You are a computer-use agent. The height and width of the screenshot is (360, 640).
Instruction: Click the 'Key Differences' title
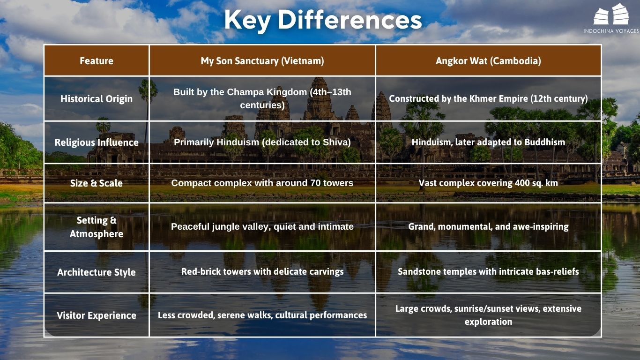[323, 20]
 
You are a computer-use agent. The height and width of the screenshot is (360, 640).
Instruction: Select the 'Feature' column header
[97, 61]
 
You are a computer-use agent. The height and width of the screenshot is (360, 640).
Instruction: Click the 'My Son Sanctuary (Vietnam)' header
[262, 61]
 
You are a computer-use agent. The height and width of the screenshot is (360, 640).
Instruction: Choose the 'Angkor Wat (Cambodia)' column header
[488, 61]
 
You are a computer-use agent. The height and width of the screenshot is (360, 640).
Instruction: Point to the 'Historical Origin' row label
[97, 99]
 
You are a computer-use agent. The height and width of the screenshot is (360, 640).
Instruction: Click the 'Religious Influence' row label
[97, 142]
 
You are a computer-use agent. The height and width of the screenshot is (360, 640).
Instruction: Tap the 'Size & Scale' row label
[97, 183]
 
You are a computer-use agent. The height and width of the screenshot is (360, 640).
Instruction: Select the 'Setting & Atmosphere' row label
[97, 227]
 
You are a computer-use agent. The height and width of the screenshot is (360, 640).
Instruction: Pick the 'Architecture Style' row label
[97, 272]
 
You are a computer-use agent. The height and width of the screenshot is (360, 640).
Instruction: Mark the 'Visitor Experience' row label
[97, 315]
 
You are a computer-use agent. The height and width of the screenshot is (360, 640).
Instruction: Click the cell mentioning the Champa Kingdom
[262, 98]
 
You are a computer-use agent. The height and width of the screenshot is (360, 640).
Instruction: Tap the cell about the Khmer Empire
[488, 99]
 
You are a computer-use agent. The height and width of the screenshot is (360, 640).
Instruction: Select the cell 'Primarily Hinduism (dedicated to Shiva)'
[262, 142]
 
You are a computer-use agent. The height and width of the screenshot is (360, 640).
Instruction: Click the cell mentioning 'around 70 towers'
[262, 183]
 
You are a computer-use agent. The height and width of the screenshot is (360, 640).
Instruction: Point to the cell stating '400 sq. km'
[488, 183]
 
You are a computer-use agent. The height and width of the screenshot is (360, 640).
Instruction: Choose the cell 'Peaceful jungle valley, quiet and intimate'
[262, 227]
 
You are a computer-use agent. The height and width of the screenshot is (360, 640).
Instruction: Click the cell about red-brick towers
[262, 271]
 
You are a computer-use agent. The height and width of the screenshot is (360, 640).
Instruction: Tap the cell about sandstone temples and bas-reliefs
[488, 271]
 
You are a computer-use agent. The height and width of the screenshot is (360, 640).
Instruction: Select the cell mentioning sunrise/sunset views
[488, 315]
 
